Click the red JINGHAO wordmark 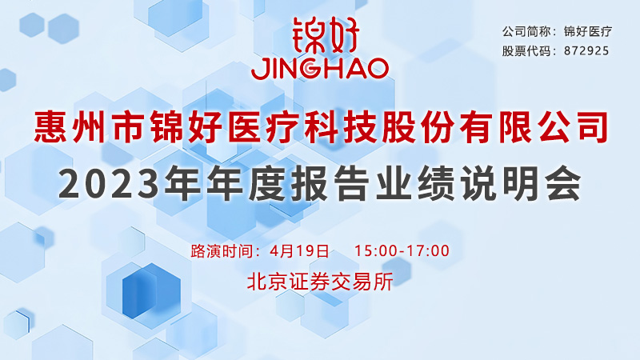(x=319, y=68)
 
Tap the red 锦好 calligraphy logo (x=326, y=35)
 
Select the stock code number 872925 (x=586, y=51)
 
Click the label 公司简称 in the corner (x=526, y=31)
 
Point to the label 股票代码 (x=526, y=51)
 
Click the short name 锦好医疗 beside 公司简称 (x=588, y=31)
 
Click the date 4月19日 (x=299, y=250)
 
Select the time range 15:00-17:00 (x=402, y=250)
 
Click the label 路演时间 (x=222, y=250)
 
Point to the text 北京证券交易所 (x=320, y=282)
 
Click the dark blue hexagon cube (x=151, y=290)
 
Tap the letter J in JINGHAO (x=258, y=69)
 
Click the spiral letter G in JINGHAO (x=310, y=69)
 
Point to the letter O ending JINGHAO (x=377, y=69)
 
